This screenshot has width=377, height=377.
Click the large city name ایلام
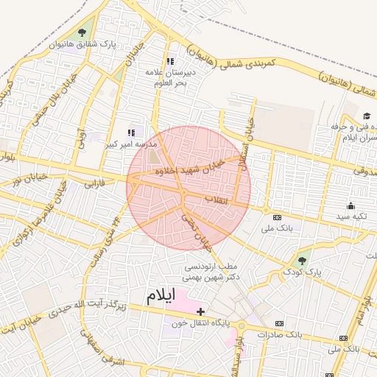point(161,297)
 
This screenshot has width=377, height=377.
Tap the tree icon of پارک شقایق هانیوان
point(80,32)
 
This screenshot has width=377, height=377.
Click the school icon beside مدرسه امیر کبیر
point(132,133)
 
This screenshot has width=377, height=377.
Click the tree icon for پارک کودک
point(301,260)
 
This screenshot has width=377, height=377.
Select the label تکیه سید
point(350,216)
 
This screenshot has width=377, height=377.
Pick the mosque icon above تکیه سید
point(350,205)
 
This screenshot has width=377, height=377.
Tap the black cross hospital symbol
point(200,311)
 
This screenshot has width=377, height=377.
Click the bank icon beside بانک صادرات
point(279,323)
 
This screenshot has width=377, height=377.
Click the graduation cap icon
point(367,116)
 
